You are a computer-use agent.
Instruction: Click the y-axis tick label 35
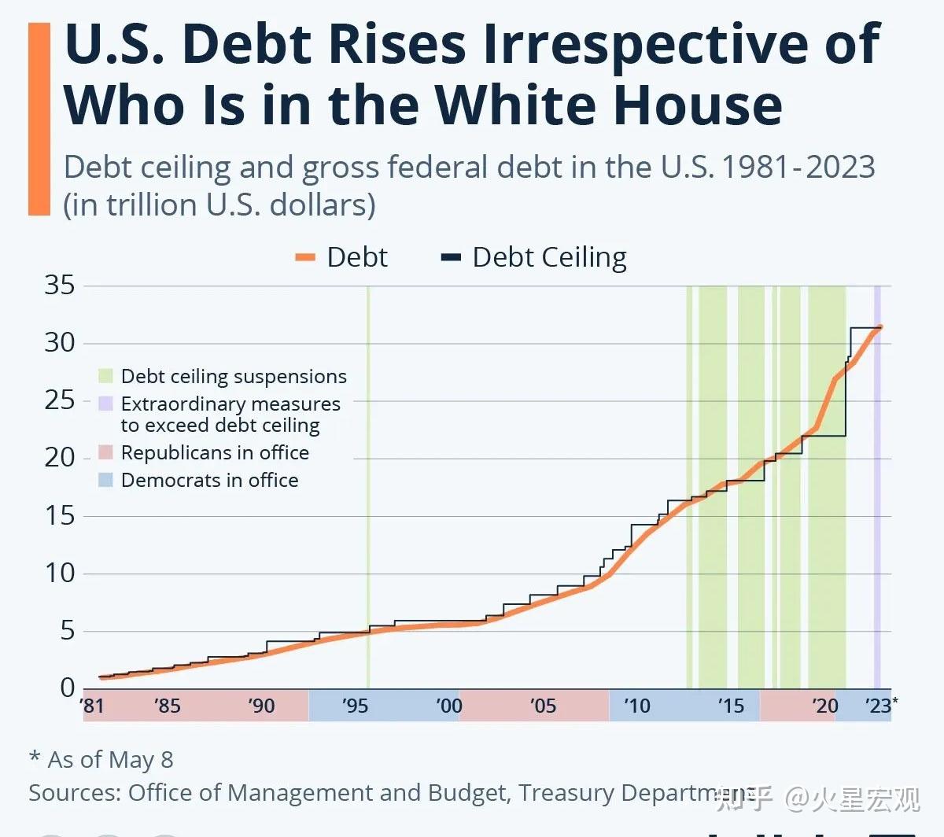60,285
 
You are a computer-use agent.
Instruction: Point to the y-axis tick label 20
60,457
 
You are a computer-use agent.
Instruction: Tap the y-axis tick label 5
68,630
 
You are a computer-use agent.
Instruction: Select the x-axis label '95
355,706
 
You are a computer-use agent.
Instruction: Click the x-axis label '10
636,706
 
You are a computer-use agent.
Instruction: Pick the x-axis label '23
879,706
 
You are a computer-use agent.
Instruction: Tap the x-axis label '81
93,706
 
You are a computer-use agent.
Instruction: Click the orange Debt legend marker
305,258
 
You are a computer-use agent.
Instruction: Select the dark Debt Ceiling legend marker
451,258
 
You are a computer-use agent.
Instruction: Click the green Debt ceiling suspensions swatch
106,376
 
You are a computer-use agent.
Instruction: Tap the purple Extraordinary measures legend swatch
106,404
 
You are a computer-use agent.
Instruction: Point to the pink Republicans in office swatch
106,452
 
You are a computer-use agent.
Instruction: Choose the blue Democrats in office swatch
106,480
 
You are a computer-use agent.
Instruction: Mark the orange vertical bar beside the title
39,118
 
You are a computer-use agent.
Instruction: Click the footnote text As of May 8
110,760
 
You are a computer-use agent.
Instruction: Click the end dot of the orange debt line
880,326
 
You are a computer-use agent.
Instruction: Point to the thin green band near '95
367,488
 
